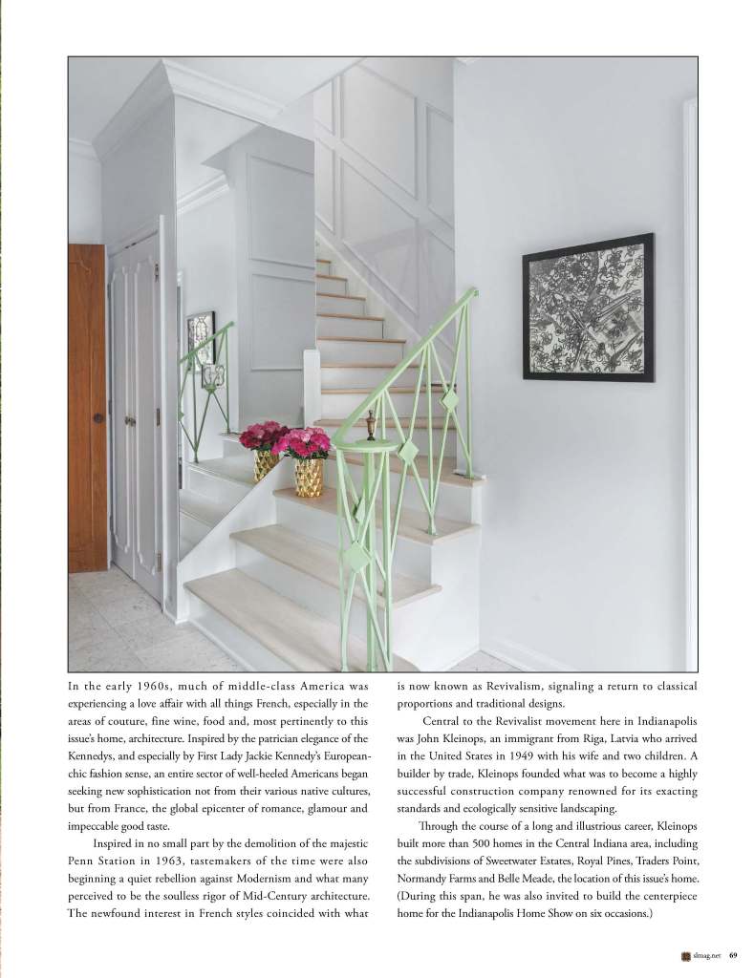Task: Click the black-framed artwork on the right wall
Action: tap(588, 307)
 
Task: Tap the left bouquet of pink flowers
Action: tap(263, 436)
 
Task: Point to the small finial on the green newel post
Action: tap(371, 424)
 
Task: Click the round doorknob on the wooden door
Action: tap(97, 418)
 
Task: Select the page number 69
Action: tap(733, 953)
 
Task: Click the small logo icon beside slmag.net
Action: tap(685, 953)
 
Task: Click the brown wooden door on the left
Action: tap(87, 406)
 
